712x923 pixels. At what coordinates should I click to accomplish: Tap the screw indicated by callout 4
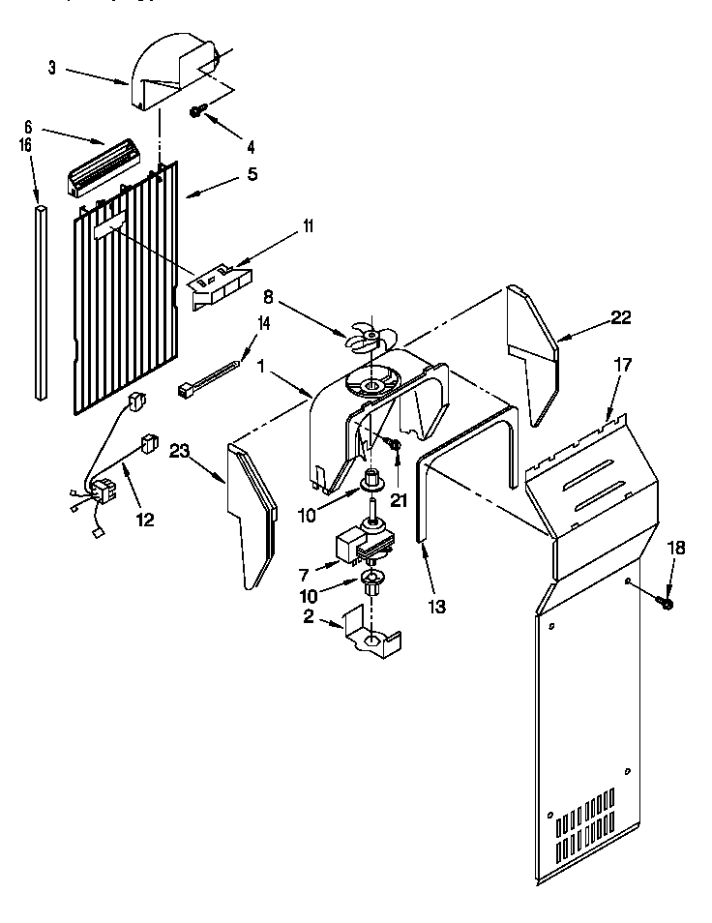point(196,113)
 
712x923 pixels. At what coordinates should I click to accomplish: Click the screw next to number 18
point(665,603)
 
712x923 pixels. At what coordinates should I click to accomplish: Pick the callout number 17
point(622,366)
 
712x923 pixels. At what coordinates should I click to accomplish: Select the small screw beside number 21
point(396,443)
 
